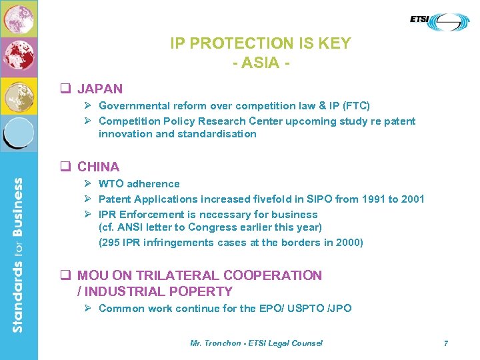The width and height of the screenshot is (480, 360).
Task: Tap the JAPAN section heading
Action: tap(100, 89)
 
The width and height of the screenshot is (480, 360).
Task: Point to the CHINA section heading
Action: tap(99, 167)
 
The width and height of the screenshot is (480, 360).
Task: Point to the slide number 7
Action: tap(446, 343)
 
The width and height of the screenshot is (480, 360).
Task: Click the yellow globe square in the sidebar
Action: tap(19, 96)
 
